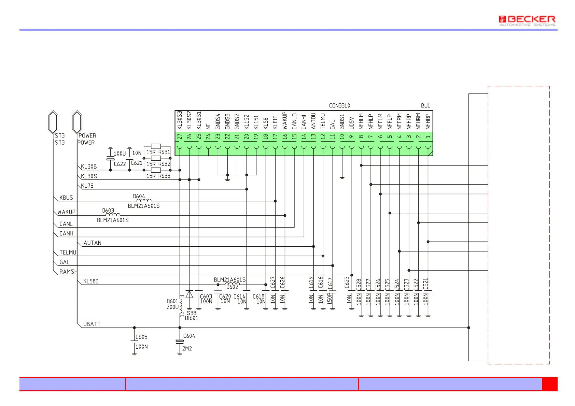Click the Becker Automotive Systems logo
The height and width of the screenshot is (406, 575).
tap(527, 20)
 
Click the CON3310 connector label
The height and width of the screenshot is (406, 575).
tap(339, 106)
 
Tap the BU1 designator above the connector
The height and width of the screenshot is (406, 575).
tap(425, 106)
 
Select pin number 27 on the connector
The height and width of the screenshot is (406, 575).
tap(180, 137)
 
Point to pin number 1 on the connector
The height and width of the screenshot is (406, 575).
tap(428, 137)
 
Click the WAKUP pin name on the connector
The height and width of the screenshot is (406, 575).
tap(285, 120)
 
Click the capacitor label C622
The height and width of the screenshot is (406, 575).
tap(120, 164)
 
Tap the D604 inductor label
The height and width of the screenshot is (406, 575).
tap(139, 196)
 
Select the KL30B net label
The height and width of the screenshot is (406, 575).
tap(89, 167)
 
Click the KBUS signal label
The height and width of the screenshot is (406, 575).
tap(66, 198)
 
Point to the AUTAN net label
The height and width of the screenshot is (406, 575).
tap(93, 243)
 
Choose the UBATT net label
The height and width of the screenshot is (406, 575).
tap(92, 324)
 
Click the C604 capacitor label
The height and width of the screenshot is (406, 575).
tap(189, 336)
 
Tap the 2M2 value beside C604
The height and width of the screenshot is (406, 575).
tap(187, 349)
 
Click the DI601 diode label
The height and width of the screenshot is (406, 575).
tap(192, 318)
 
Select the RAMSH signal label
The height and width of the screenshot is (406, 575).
tap(68, 272)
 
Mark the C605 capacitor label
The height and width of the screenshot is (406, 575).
tap(142, 337)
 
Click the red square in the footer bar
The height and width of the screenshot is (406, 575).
tap(549, 384)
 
